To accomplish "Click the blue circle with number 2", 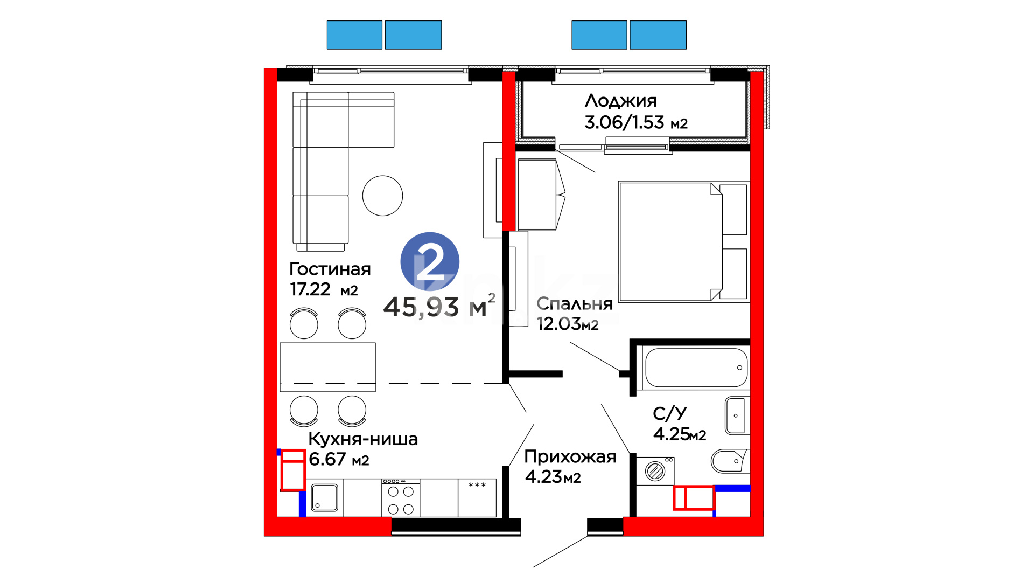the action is pos(430,261).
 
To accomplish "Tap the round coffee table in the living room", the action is pos(382,196).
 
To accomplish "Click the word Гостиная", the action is pos(330,269).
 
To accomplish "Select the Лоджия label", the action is pos(621,101).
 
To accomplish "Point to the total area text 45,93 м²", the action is pos(439,306).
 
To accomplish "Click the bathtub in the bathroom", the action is pos(696,368).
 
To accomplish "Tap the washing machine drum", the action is pos(655,472).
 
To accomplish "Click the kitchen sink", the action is pos(324,497).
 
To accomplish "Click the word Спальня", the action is pos(575,304).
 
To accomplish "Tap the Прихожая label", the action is pos(570,457).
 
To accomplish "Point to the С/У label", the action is pos(670,413).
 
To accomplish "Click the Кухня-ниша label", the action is pos(363,439).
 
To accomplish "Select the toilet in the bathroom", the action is pos(730,461).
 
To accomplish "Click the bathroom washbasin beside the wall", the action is pos(736,415).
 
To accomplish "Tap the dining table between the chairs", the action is pos(327,367).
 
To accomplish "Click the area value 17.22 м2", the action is pos(324,289).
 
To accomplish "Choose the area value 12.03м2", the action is pos(568,324).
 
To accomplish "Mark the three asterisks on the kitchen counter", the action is pos(477,486).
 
